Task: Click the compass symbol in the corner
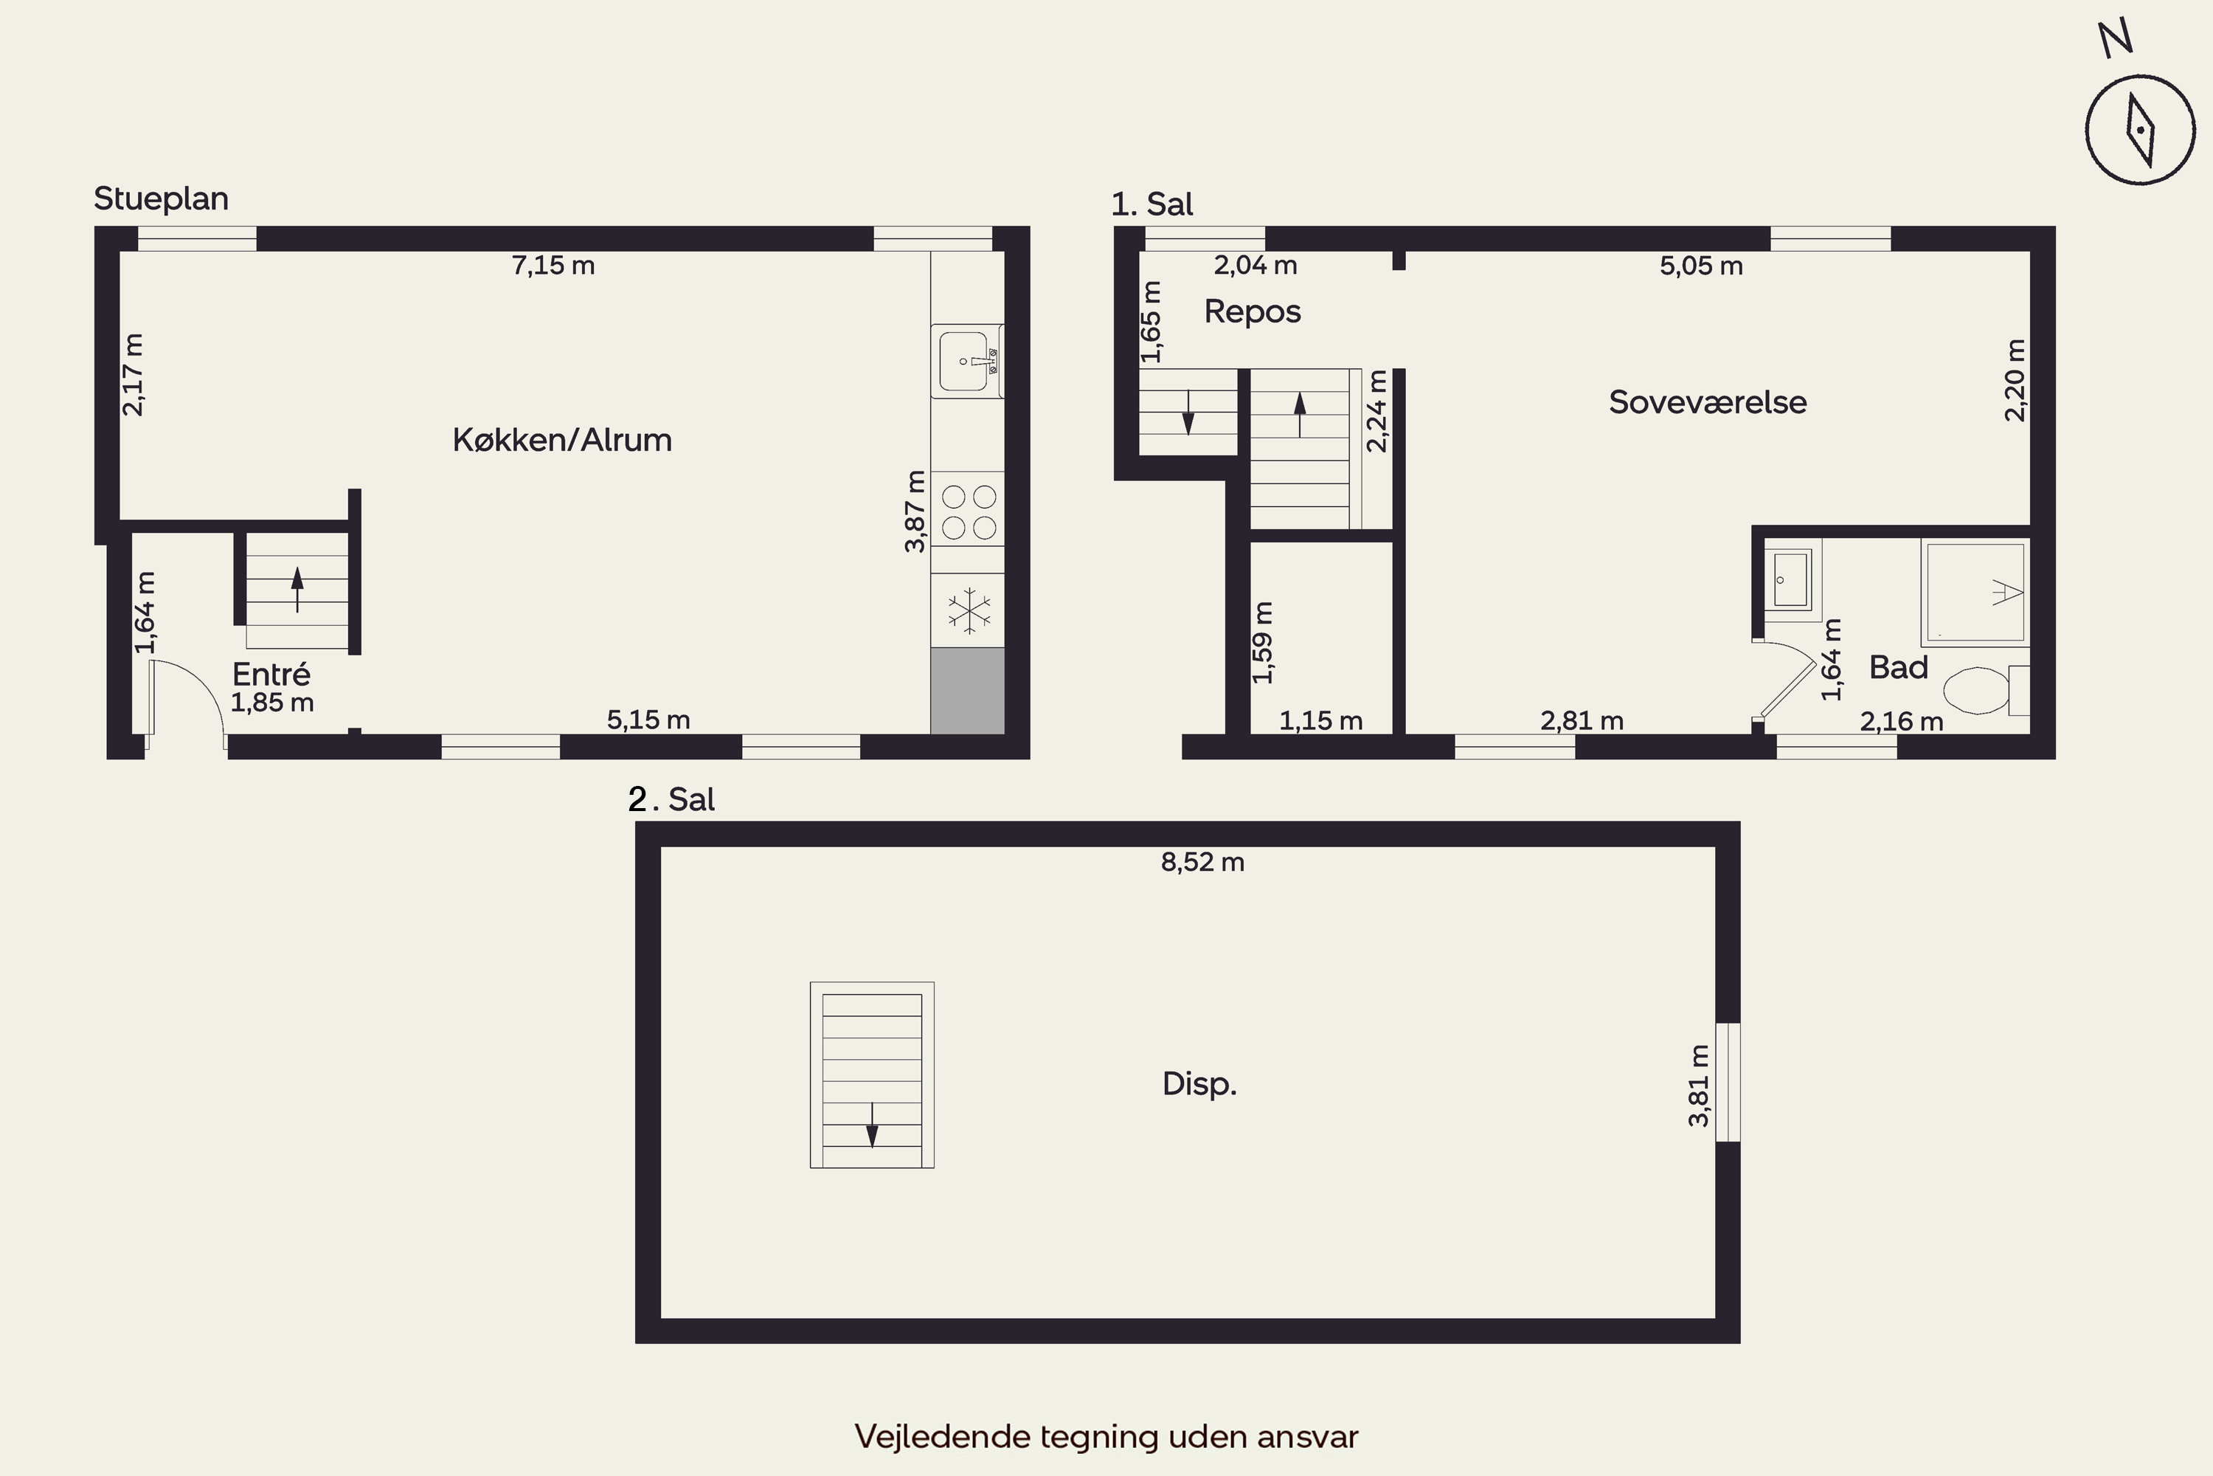point(2140,130)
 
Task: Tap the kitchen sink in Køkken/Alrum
point(967,362)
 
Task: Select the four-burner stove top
point(968,512)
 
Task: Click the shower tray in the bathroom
point(1975,592)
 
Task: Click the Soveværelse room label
point(1708,402)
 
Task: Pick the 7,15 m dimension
point(553,266)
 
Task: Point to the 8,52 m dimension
point(1202,862)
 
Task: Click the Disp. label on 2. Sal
point(1199,1083)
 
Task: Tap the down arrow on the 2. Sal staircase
point(872,1125)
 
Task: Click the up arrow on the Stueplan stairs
point(297,589)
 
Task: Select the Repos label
point(1253,311)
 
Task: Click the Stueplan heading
point(161,199)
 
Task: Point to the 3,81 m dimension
point(1698,1086)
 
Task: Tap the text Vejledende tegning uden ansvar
point(1106,1436)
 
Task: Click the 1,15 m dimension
point(1321,721)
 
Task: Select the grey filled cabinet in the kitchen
point(967,691)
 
